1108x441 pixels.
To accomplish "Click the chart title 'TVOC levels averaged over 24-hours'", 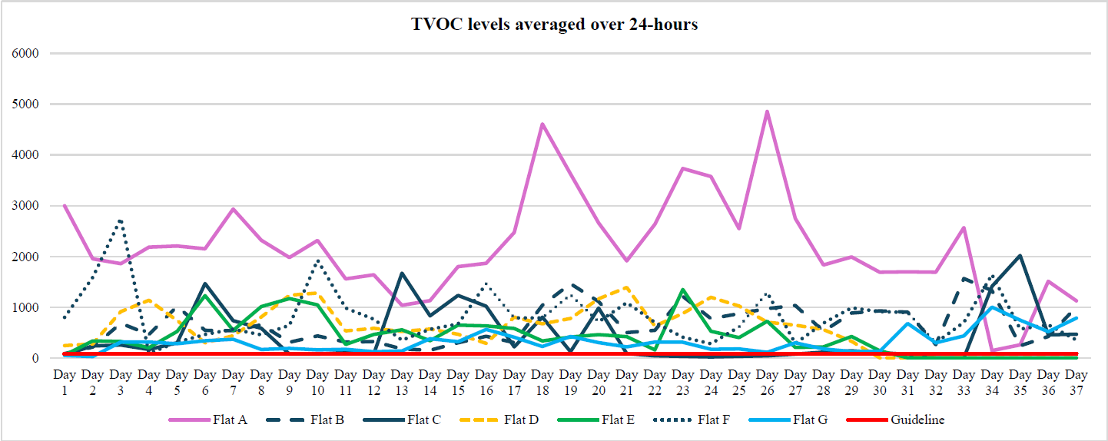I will coord(554,25).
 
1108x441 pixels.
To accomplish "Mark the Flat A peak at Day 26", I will coord(767,112).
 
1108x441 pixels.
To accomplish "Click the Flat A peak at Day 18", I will coord(542,124).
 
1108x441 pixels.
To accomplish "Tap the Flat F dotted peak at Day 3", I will coord(121,220).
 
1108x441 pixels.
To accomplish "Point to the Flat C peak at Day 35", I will coord(1020,256).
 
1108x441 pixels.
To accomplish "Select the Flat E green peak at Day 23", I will coord(682,290).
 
